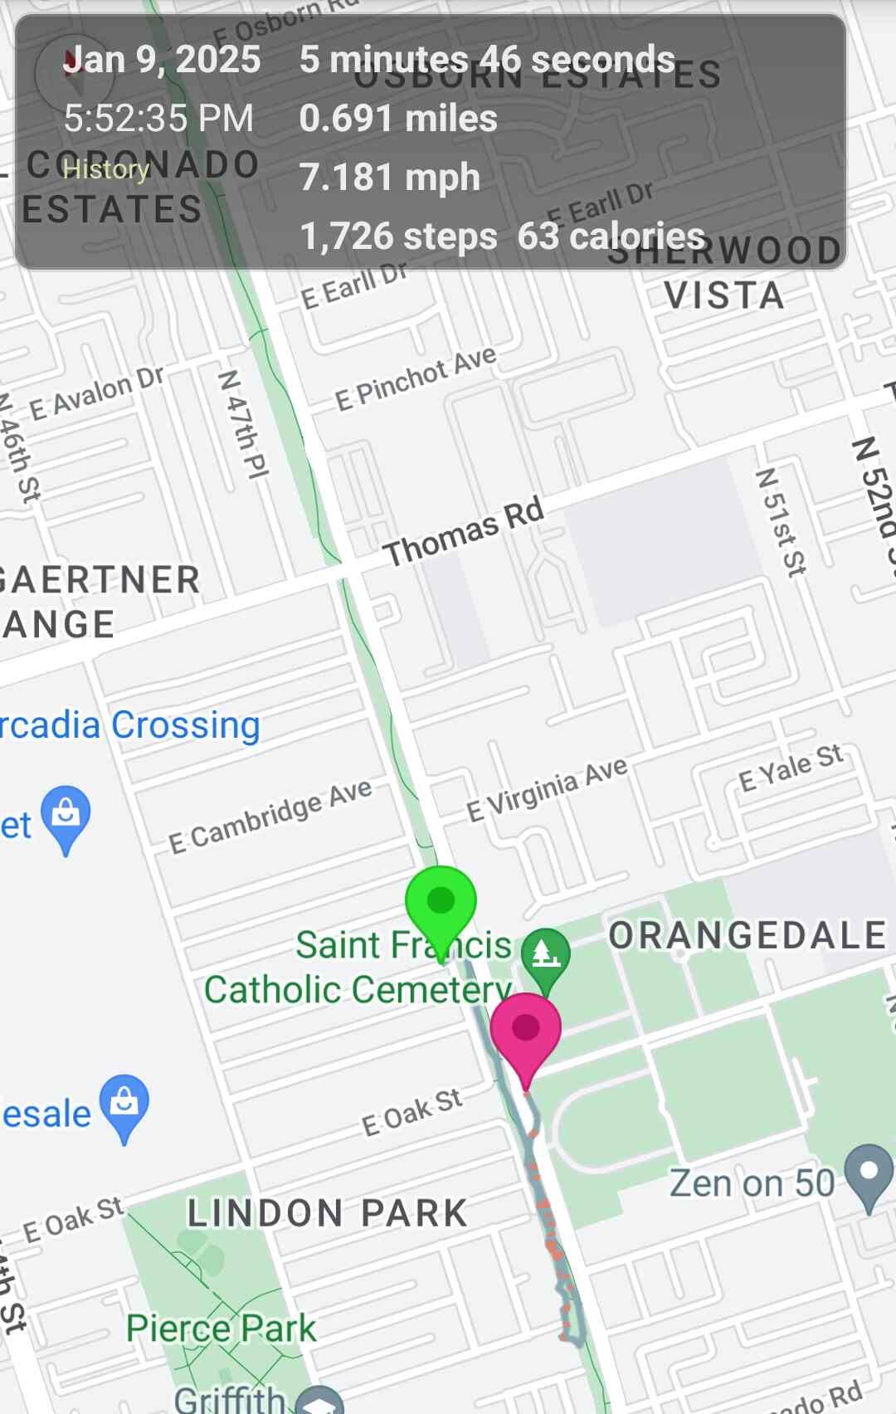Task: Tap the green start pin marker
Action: (x=441, y=903)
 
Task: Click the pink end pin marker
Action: (x=525, y=1030)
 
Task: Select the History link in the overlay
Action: (x=105, y=169)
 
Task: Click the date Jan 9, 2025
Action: (x=163, y=60)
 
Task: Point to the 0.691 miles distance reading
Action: (x=398, y=119)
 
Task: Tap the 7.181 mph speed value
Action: (x=389, y=178)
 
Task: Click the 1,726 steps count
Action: (x=398, y=236)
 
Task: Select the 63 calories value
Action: (x=611, y=236)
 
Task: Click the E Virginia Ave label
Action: (x=547, y=789)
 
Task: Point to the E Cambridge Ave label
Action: (x=270, y=817)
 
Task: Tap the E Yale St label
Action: (x=791, y=768)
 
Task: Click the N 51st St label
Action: (x=781, y=522)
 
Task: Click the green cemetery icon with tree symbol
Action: (x=545, y=955)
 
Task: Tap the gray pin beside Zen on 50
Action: (x=869, y=1173)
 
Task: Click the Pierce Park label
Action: (x=221, y=1329)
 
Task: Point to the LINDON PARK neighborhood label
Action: (x=328, y=1213)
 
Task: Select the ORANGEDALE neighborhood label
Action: (x=747, y=935)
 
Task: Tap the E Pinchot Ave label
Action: (x=416, y=378)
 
